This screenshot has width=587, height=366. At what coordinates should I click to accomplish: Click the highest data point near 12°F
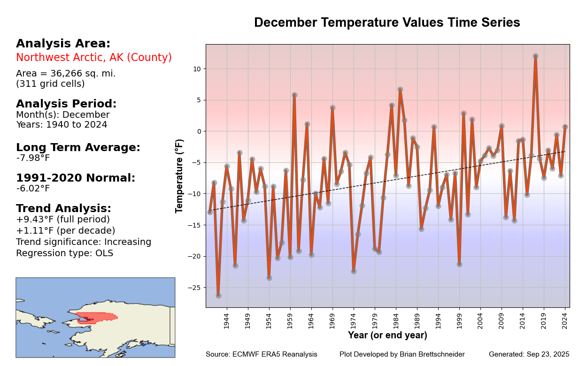click(x=535, y=56)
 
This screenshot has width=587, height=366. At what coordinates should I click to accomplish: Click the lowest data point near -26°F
click(x=218, y=296)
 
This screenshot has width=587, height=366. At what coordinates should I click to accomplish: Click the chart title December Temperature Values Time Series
click(x=387, y=23)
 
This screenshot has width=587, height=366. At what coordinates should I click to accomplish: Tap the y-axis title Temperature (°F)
click(x=179, y=176)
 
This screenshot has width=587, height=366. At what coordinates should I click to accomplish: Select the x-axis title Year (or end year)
click(x=387, y=335)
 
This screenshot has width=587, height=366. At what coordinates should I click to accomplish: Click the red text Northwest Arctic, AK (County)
click(x=94, y=58)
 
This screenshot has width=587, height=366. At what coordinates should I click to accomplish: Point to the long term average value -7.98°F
click(x=33, y=158)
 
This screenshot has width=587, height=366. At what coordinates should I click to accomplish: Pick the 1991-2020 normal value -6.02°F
click(x=33, y=189)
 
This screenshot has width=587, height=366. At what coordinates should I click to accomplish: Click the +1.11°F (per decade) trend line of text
click(x=66, y=231)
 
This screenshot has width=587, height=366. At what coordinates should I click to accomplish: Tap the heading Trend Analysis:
click(x=63, y=208)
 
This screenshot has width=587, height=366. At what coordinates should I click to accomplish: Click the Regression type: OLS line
click(x=64, y=253)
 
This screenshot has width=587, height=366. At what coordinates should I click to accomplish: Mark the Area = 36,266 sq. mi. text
click(x=66, y=74)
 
